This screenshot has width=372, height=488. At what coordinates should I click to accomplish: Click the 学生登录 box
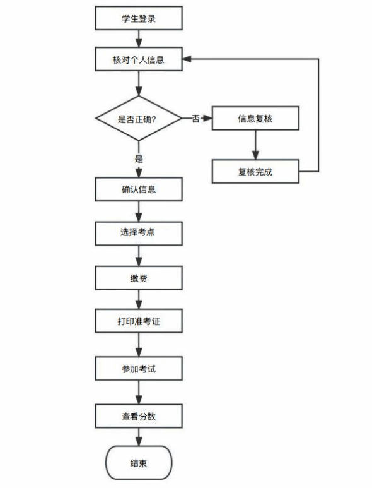click(x=139, y=18)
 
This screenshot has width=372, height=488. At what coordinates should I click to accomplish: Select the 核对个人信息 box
click(x=139, y=59)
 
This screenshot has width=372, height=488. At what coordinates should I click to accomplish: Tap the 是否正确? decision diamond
click(x=139, y=118)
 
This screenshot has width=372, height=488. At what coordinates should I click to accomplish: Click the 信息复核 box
click(x=255, y=118)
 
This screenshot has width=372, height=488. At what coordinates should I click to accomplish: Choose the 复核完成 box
click(x=255, y=172)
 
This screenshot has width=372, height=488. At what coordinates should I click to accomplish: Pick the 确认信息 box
click(x=139, y=189)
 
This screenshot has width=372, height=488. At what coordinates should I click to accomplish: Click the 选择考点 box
click(x=139, y=234)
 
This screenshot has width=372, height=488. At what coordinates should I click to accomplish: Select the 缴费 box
click(x=139, y=278)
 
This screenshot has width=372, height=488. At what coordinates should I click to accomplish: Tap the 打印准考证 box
click(x=139, y=321)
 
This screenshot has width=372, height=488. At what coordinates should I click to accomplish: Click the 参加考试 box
click(x=139, y=369)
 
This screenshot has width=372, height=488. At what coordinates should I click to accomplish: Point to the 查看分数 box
click(x=139, y=416)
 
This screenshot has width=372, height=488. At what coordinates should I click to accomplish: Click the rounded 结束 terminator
click(x=139, y=463)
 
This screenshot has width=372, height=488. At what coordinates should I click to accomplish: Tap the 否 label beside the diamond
click(x=195, y=118)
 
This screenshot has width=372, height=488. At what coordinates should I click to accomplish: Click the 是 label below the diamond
click(x=139, y=158)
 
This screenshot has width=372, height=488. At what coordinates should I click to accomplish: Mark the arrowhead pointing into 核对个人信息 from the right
click(x=187, y=59)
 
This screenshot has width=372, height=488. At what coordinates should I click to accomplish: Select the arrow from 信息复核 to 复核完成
click(x=255, y=145)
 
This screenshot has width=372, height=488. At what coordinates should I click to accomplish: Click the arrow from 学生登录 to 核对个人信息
click(x=139, y=39)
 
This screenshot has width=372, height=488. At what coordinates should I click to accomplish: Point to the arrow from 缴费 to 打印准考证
click(x=139, y=299)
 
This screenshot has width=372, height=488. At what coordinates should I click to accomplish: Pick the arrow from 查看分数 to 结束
click(x=139, y=437)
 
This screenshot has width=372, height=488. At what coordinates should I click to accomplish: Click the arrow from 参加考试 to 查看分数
click(x=139, y=392)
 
